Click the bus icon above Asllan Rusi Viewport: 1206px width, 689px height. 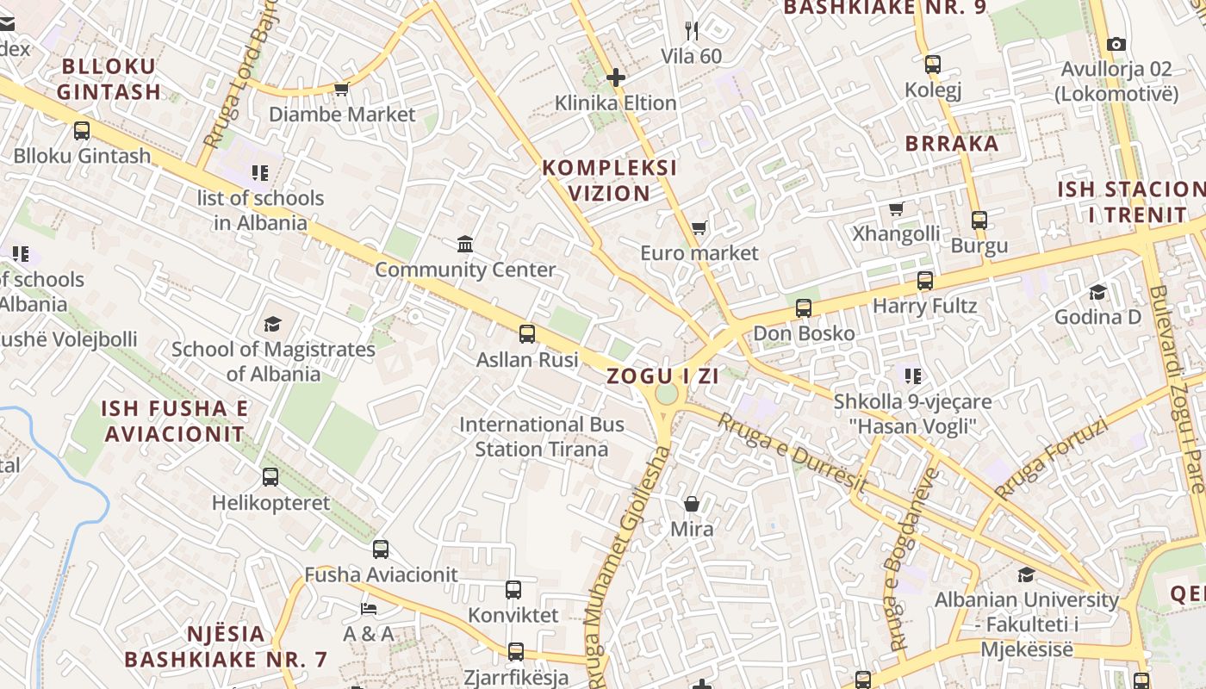527,334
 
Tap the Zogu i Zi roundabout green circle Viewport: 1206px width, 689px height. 667,394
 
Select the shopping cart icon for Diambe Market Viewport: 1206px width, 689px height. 341,89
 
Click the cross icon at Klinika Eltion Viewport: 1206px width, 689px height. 615,78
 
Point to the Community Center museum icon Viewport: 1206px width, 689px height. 465,245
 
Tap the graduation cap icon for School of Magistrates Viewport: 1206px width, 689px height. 273,325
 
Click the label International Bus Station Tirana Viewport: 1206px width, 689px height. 542,437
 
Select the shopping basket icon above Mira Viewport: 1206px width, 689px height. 692,504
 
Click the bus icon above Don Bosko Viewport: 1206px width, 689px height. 804,308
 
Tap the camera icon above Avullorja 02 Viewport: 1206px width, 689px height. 1116,44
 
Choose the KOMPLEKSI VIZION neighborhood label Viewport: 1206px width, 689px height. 610,180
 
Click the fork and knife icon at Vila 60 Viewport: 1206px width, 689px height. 691,31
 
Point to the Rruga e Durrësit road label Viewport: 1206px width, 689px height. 793,454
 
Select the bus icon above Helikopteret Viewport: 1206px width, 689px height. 270,477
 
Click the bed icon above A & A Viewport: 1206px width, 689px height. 368,609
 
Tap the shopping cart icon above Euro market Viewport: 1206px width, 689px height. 699,228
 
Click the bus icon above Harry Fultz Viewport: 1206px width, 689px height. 925,281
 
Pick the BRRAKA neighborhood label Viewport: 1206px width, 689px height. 952,144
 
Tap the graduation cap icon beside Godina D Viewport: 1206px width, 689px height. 1097,293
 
